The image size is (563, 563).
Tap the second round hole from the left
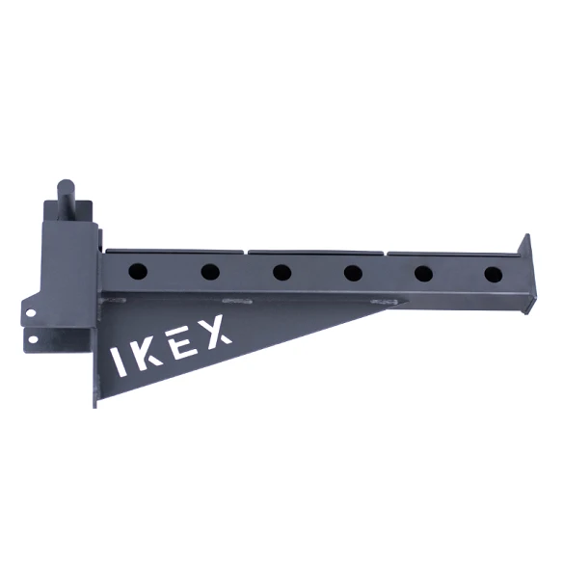coord(210,273)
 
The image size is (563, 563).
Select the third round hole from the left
coord(281,273)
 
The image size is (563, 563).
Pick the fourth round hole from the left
coord(353,273)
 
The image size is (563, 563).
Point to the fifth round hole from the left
coord(423,273)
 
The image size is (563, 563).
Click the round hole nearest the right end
coord(494,273)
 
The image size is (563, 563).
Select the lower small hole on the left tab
coord(33,338)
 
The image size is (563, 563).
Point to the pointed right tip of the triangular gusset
coord(391,306)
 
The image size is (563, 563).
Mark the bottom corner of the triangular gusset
coord(95,405)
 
